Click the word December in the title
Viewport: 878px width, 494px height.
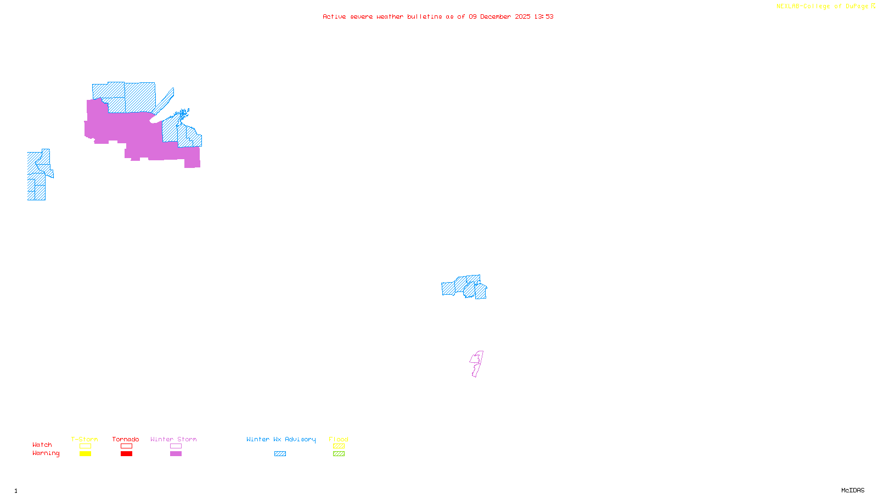point(495,17)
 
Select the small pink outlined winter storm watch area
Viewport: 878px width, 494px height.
point(476,364)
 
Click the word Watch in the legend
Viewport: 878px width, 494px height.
point(42,445)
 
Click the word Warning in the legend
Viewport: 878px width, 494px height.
point(46,453)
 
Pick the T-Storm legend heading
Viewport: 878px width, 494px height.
point(85,439)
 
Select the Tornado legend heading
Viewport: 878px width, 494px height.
point(126,439)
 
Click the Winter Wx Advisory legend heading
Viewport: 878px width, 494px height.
point(281,439)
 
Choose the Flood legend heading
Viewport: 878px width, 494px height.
point(339,439)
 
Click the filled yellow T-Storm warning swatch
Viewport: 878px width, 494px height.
point(85,454)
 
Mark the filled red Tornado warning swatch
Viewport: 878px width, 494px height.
point(126,454)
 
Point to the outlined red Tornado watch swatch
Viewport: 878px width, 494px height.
point(126,446)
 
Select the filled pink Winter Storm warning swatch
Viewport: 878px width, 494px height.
point(176,454)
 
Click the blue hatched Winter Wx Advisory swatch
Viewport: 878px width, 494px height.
point(280,454)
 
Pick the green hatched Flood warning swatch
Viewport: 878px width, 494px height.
point(339,454)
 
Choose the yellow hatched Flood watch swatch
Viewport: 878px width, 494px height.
point(339,446)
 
